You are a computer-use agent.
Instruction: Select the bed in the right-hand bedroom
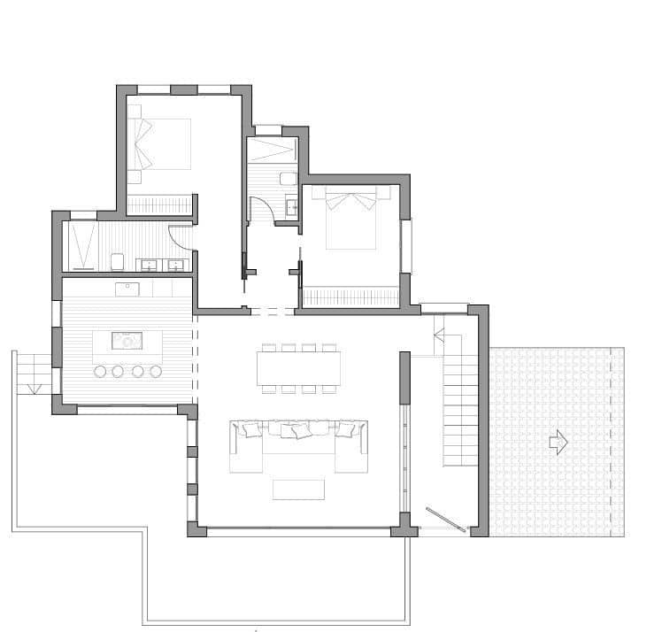(356, 221)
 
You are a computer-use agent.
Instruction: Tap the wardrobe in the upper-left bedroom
(160, 204)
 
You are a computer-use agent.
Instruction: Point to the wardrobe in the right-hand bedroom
(350, 297)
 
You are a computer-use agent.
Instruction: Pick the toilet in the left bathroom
(117, 262)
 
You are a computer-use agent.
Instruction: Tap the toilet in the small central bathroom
(288, 178)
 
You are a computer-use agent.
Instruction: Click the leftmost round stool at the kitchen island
(100, 371)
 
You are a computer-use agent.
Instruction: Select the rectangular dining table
(298, 367)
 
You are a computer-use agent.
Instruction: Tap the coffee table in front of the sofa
(298, 489)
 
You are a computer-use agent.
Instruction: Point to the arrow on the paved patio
(558, 443)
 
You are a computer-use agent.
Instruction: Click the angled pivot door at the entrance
(446, 520)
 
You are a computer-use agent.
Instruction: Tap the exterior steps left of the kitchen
(34, 371)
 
